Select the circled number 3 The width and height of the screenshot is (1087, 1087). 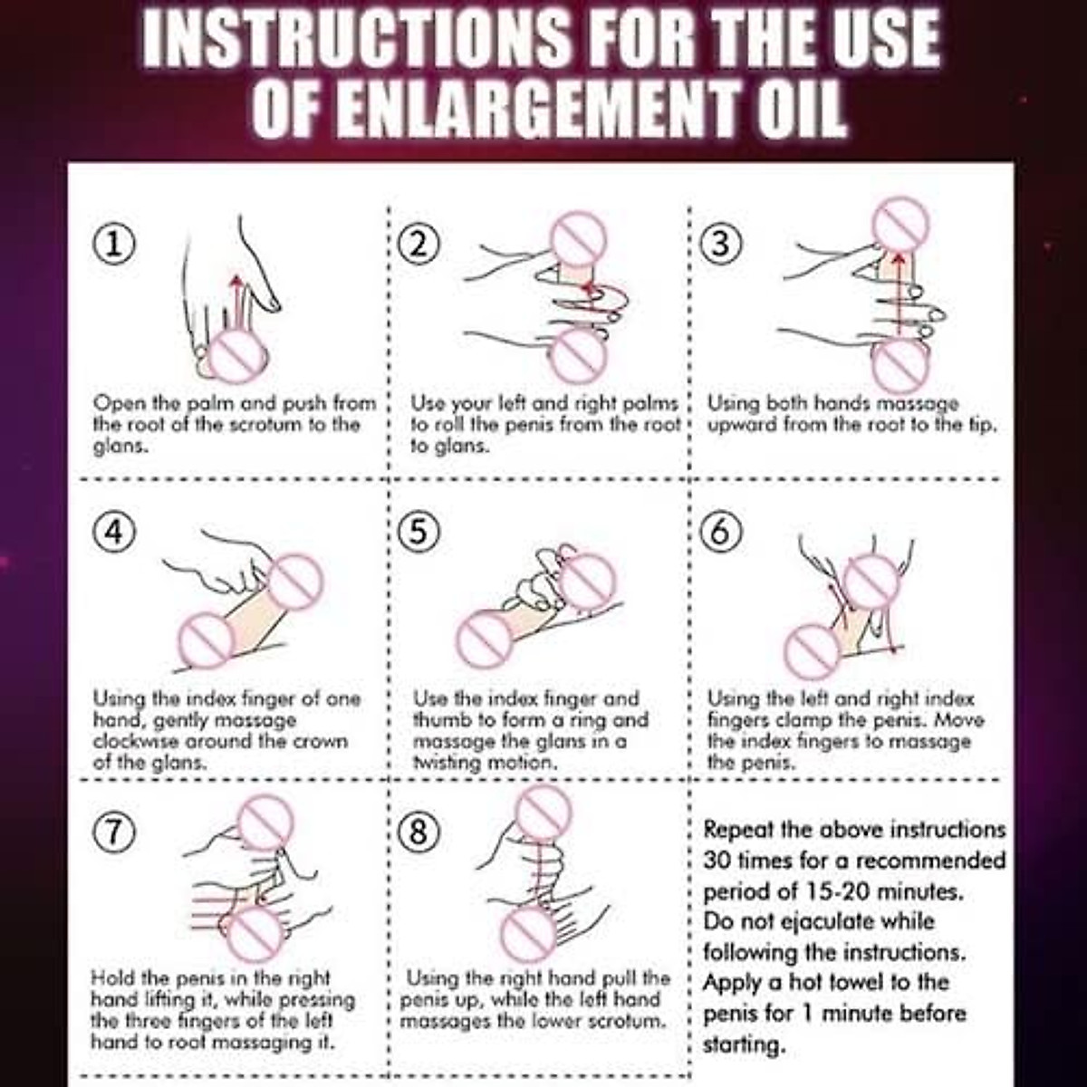(x=721, y=245)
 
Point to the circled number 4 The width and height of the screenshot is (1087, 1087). (x=113, y=532)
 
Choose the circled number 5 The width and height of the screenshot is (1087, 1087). (x=418, y=532)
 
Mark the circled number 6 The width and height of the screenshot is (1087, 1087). (x=721, y=532)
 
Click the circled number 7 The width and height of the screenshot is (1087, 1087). (x=113, y=832)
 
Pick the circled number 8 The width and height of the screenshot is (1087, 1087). (x=418, y=832)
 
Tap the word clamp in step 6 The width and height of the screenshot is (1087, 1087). (x=803, y=721)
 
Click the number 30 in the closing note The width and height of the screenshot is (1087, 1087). (x=717, y=861)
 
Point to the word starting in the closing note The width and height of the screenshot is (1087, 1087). (x=744, y=1046)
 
